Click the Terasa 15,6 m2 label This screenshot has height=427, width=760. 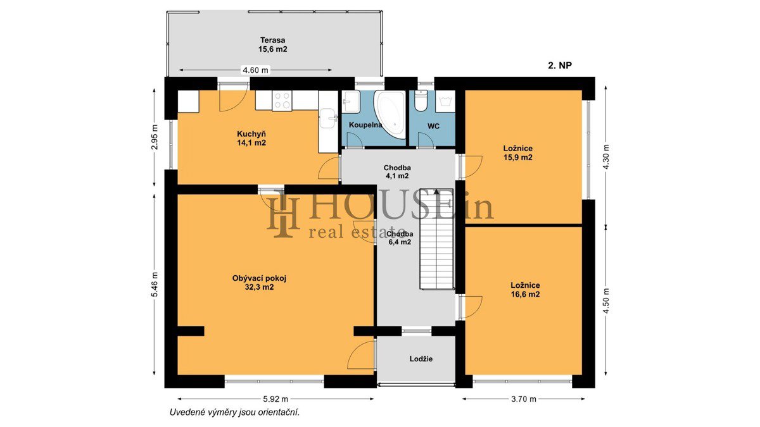[272, 45]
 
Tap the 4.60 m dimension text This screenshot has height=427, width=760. [255, 70]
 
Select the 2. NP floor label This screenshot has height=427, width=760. [560, 65]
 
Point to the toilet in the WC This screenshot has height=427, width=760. [421, 101]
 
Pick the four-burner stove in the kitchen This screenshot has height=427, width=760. [282, 101]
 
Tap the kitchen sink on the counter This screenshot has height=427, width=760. [328, 118]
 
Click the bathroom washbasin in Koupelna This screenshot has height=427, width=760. [350, 102]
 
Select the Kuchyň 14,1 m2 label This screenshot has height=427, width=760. [251, 139]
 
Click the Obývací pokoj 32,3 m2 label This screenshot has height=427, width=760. [259, 283]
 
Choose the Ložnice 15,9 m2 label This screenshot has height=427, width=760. [518, 153]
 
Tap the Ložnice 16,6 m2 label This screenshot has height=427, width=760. [525, 290]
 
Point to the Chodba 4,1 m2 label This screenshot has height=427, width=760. [397, 172]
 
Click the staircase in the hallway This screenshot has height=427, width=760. [436, 239]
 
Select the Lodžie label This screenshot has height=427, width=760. [421, 359]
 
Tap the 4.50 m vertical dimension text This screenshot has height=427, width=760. [607, 300]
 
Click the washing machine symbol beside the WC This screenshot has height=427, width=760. [445, 101]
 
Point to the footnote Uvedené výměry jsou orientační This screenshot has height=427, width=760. [234, 412]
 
